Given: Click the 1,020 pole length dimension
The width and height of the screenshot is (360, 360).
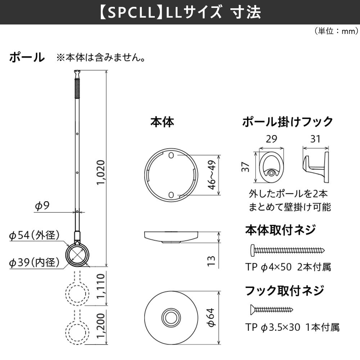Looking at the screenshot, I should [x=101, y=172].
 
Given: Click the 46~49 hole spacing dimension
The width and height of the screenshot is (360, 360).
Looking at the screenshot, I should [x=212, y=175].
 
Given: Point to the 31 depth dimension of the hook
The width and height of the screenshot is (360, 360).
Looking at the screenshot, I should [x=315, y=139].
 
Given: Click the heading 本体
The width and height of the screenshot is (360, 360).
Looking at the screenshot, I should [x=162, y=122].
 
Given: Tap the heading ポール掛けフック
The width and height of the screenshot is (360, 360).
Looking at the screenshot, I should [x=287, y=122].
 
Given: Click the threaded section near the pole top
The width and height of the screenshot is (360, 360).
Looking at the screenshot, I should [x=77, y=88].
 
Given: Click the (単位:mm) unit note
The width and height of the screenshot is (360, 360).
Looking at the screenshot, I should [x=336, y=31].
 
